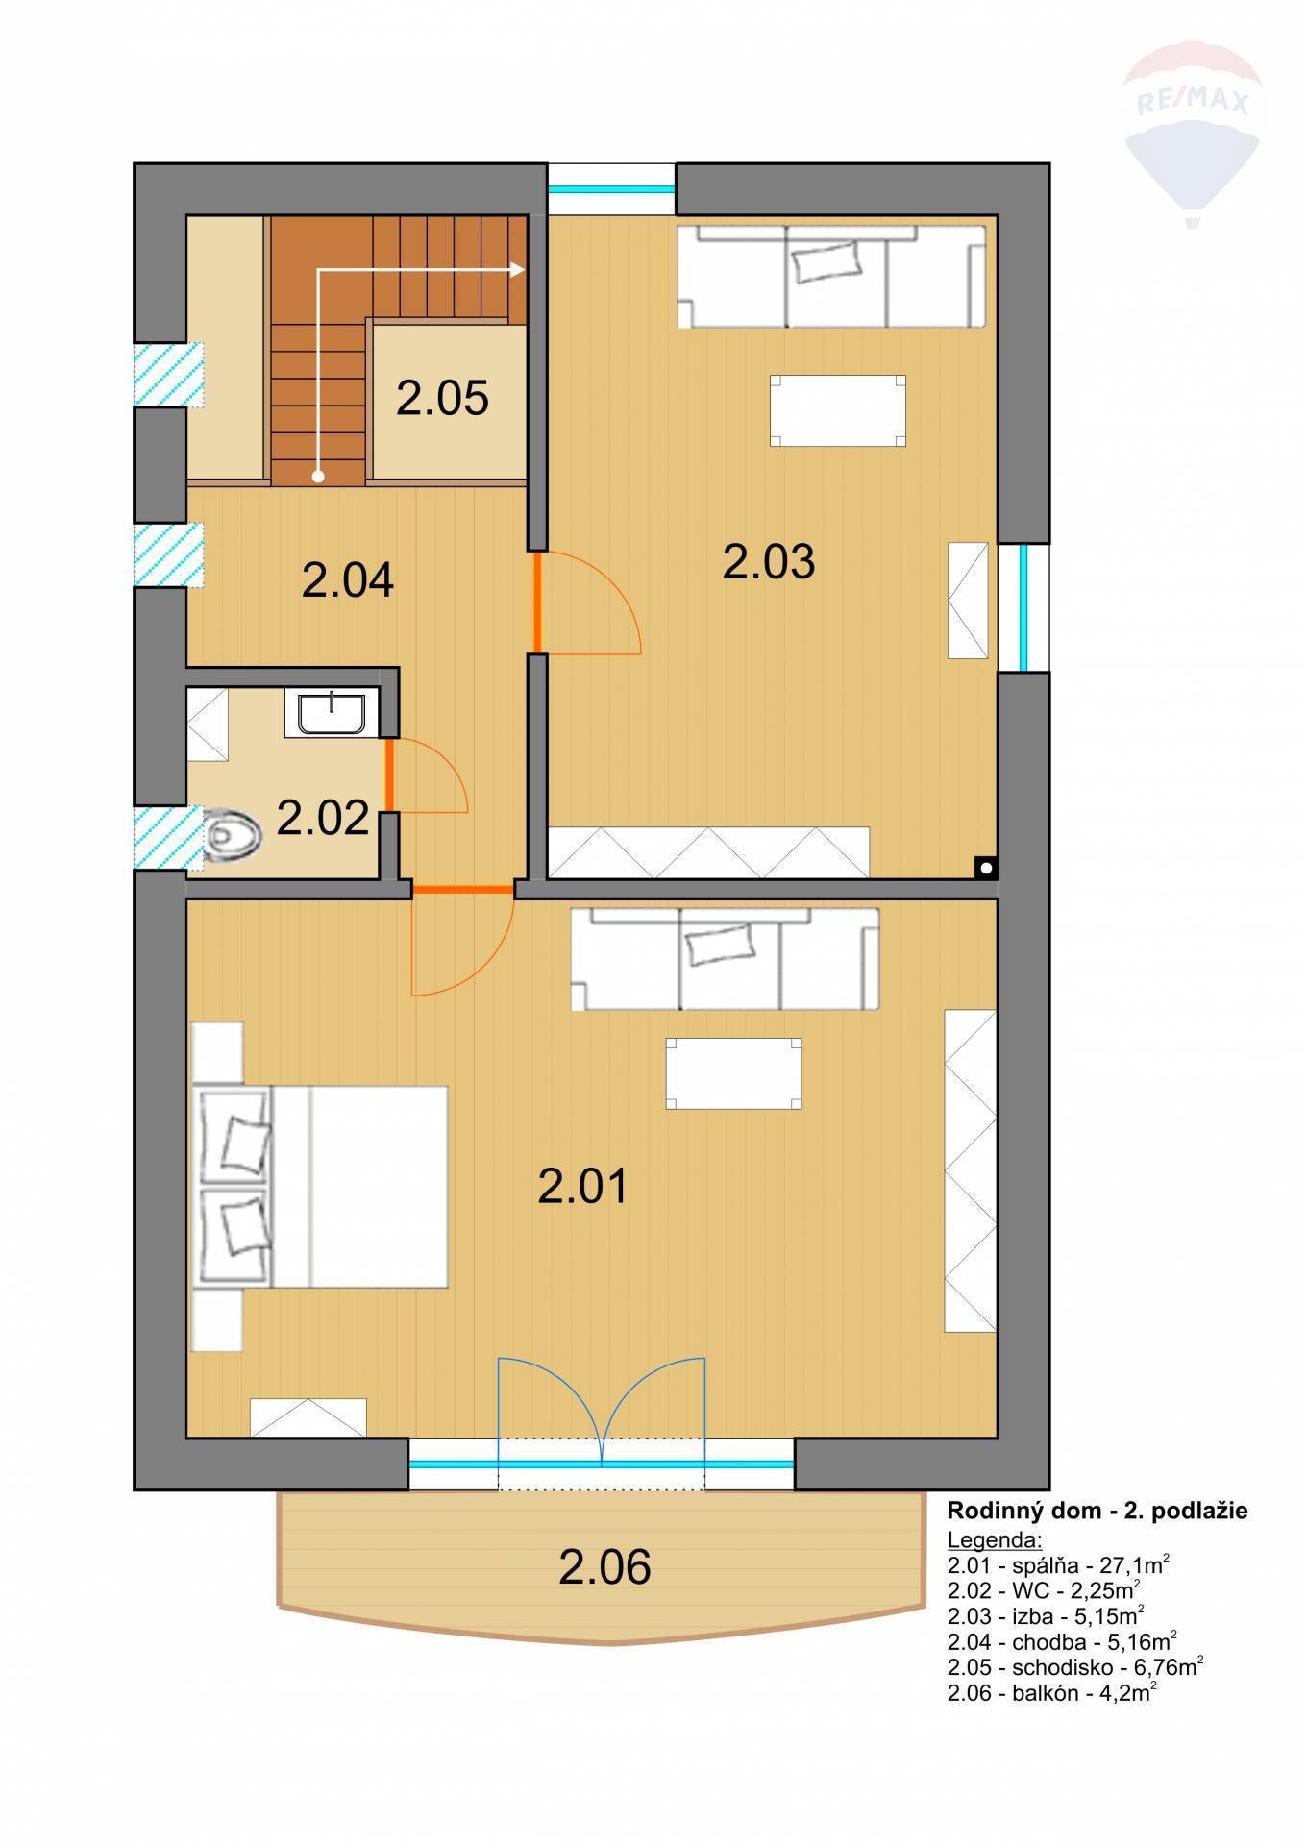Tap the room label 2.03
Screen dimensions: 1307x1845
click(x=768, y=562)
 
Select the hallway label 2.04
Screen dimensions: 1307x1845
click(x=347, y=581)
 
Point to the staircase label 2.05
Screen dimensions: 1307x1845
click(x=442, y=398)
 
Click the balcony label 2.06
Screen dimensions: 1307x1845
click(x=604, y=1567)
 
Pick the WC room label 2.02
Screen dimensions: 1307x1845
click(x=323, y=818)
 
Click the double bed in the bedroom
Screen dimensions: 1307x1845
click(x=321, y=1187)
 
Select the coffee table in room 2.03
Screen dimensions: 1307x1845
click(x=837, y=410)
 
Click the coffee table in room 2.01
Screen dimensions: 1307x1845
click(x=734, y=1073)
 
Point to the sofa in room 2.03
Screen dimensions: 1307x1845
click(x=831, y=277)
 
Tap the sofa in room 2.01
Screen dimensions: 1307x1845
click(x=725, y=959)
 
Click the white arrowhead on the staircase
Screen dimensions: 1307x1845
click(x=518, y=270)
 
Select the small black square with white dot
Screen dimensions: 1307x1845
click(x=986, y=867)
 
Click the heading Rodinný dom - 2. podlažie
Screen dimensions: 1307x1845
click(x=1097, y=1511)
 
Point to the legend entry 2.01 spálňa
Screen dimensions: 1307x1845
click(x=1058, y=1565)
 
